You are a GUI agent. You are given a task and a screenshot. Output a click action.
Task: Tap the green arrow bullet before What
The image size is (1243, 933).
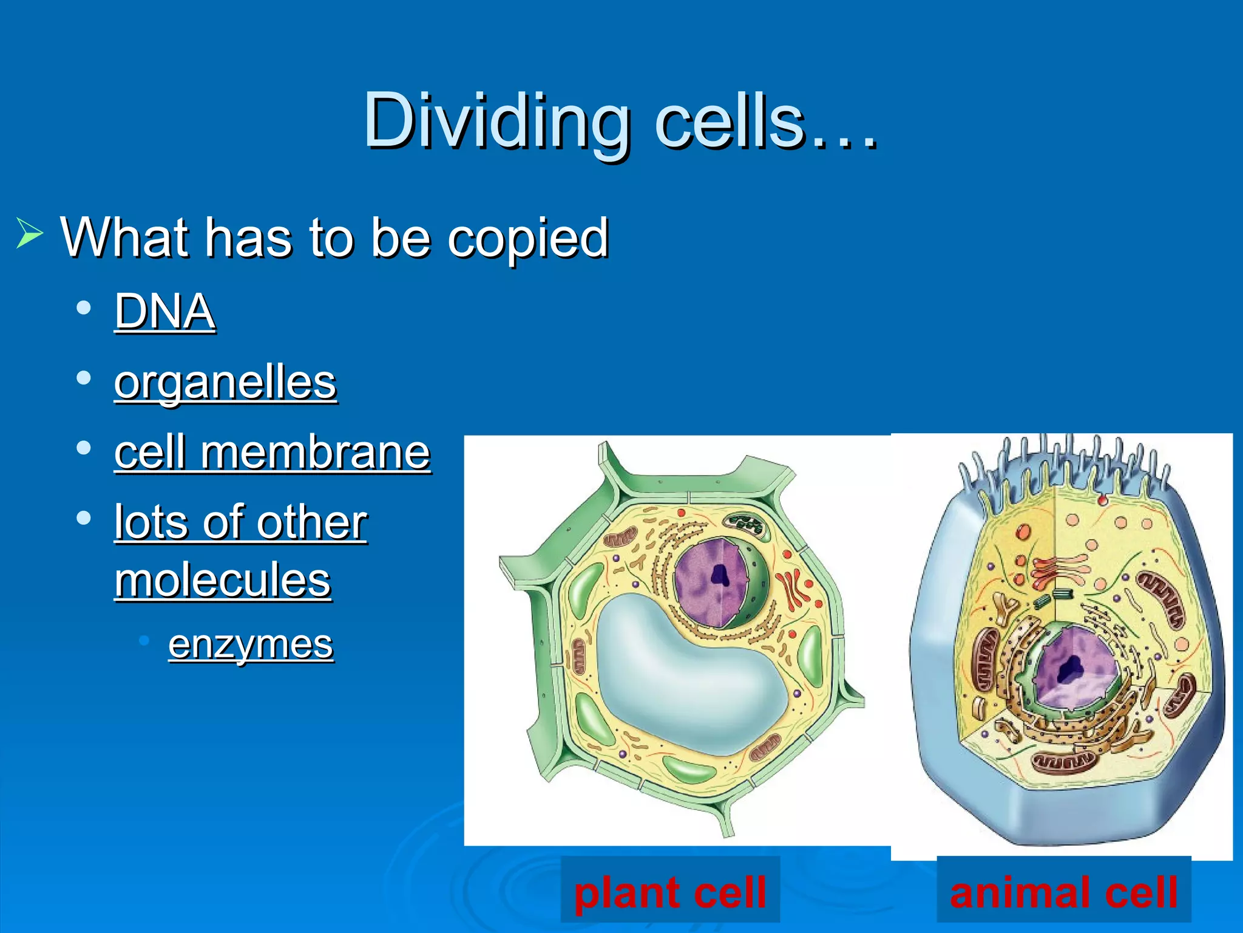coord(29,233)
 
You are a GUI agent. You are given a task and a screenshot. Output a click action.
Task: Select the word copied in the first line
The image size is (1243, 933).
coord(528,238)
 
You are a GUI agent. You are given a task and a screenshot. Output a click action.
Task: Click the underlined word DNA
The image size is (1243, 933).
coord(164,311)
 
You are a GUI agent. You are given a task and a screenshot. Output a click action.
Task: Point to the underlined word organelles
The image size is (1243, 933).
coord(225,383)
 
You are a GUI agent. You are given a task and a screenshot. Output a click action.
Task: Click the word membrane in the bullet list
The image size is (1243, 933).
coord(316,453)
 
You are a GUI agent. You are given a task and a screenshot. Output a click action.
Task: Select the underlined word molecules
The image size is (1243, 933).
coord(223,580)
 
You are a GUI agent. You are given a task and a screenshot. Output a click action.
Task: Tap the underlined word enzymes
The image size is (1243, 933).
coord(251,644)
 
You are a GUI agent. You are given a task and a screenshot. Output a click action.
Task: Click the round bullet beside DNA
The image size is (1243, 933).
coord(84,307)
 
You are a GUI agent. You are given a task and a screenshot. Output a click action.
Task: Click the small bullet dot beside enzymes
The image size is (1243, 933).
coord(144,640)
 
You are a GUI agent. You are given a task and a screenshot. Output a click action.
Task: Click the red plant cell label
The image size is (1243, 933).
coord(669,892)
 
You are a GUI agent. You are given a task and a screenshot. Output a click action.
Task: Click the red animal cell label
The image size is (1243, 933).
coord(1063,892)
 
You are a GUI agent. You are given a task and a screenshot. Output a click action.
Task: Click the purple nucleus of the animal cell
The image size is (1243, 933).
coord(1074,668)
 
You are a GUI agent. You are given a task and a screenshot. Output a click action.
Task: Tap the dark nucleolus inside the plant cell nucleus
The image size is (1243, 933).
coord(720,574)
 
